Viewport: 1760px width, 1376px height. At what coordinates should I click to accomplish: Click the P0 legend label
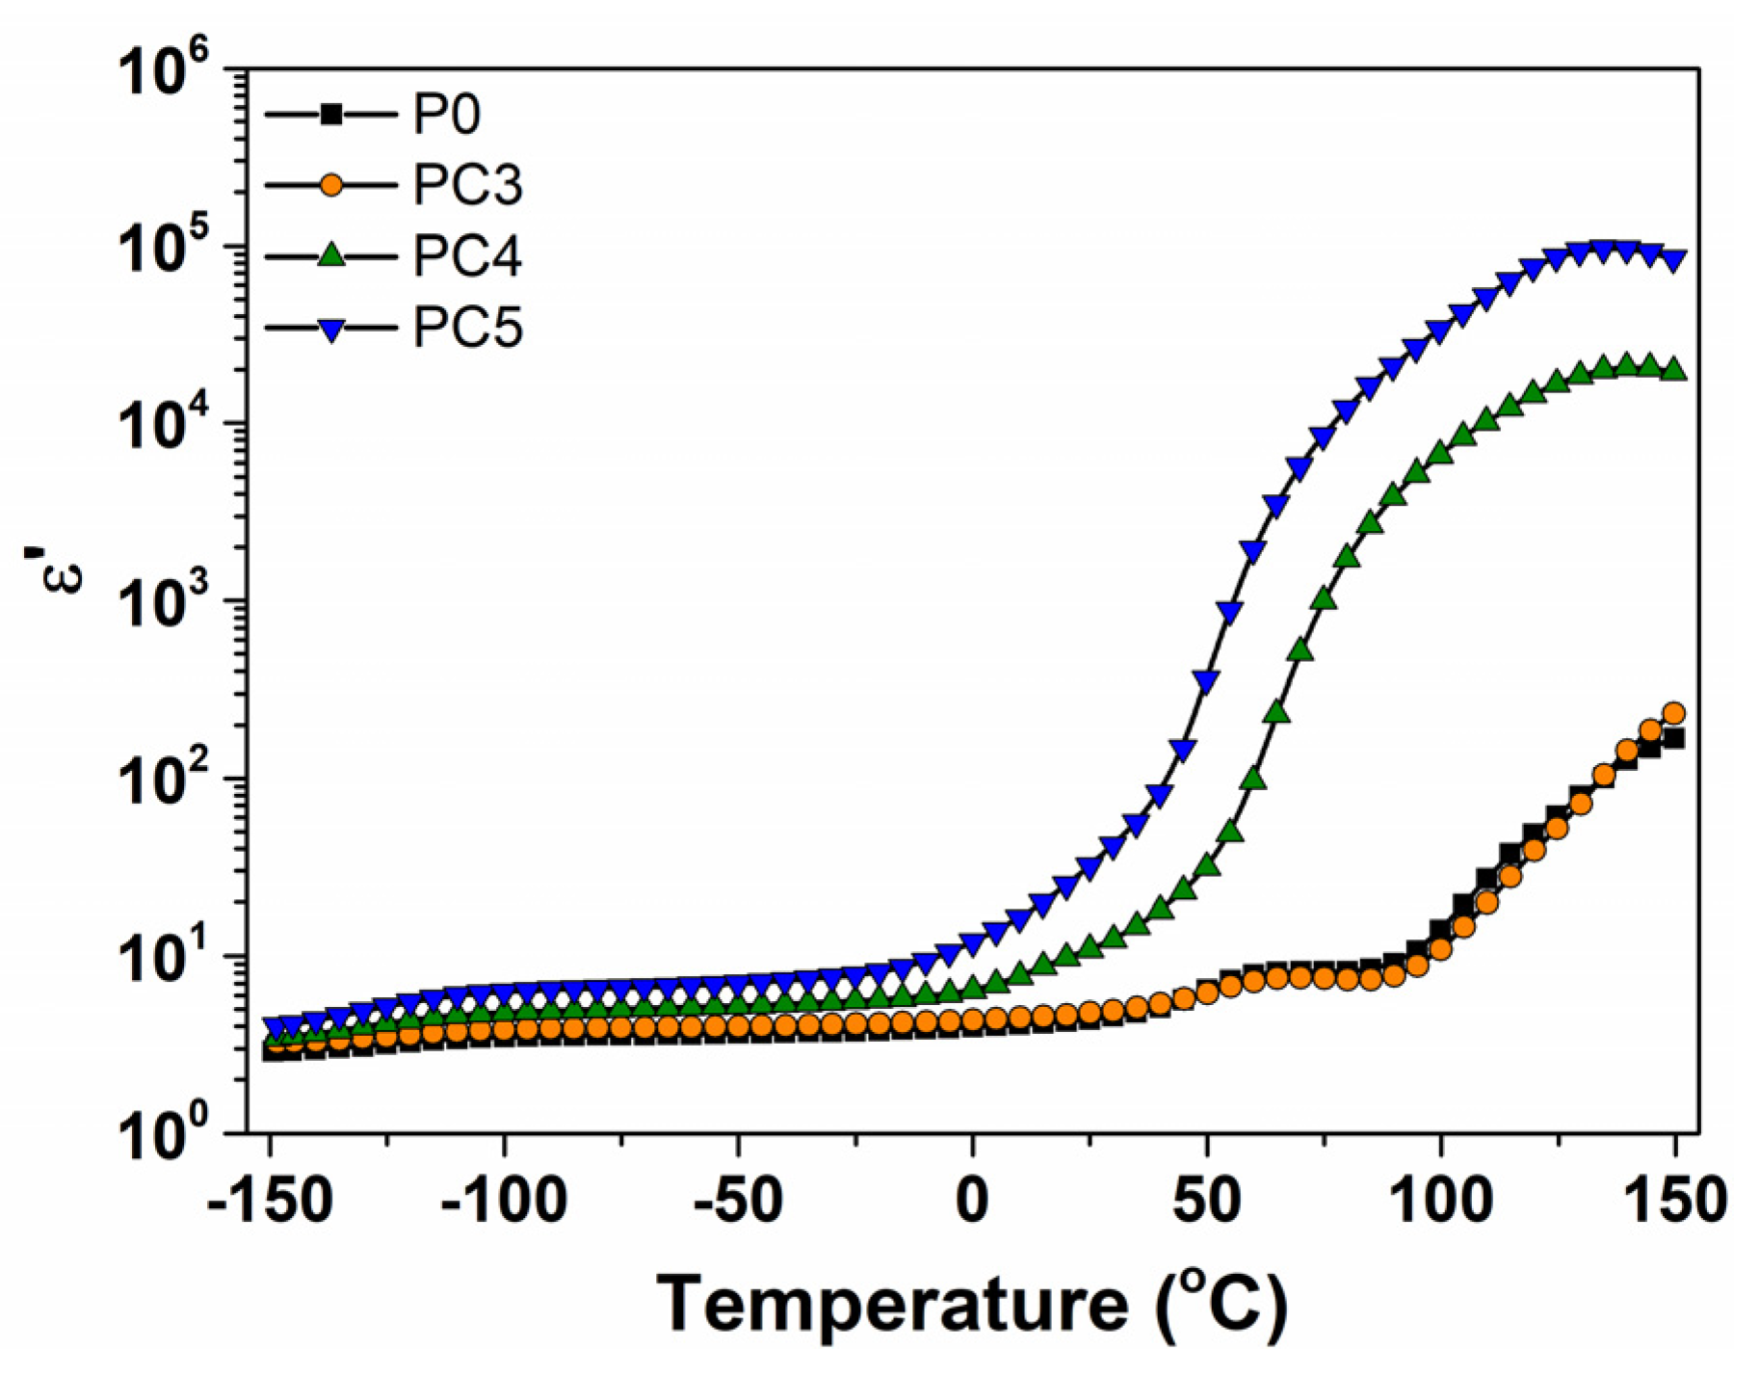tap(446, 115)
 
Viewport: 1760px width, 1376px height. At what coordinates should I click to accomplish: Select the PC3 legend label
tap(467, 185)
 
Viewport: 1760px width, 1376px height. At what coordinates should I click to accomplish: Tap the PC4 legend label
tap(467, 256)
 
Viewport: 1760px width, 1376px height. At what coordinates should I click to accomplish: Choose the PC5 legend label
tap(467, 328)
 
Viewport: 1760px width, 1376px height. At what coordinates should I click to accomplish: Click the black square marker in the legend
tap(330, 115)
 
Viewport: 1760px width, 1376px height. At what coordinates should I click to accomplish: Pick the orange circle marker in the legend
tap(330, 185)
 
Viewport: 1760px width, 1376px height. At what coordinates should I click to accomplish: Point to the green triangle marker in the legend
tap(330, 255)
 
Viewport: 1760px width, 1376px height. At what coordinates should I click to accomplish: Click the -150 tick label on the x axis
tap(271, 1202)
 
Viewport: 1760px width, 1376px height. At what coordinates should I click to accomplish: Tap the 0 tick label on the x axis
tap(972, 1202)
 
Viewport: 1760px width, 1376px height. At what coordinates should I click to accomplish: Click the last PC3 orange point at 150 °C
tap(1674, 713)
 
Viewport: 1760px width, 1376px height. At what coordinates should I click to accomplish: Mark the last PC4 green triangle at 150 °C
tap(1674, 369)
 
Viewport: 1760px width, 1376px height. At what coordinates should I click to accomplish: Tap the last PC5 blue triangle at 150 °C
tap(1674, 261)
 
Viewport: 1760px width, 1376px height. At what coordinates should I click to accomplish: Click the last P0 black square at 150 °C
tap(1674, 738)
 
